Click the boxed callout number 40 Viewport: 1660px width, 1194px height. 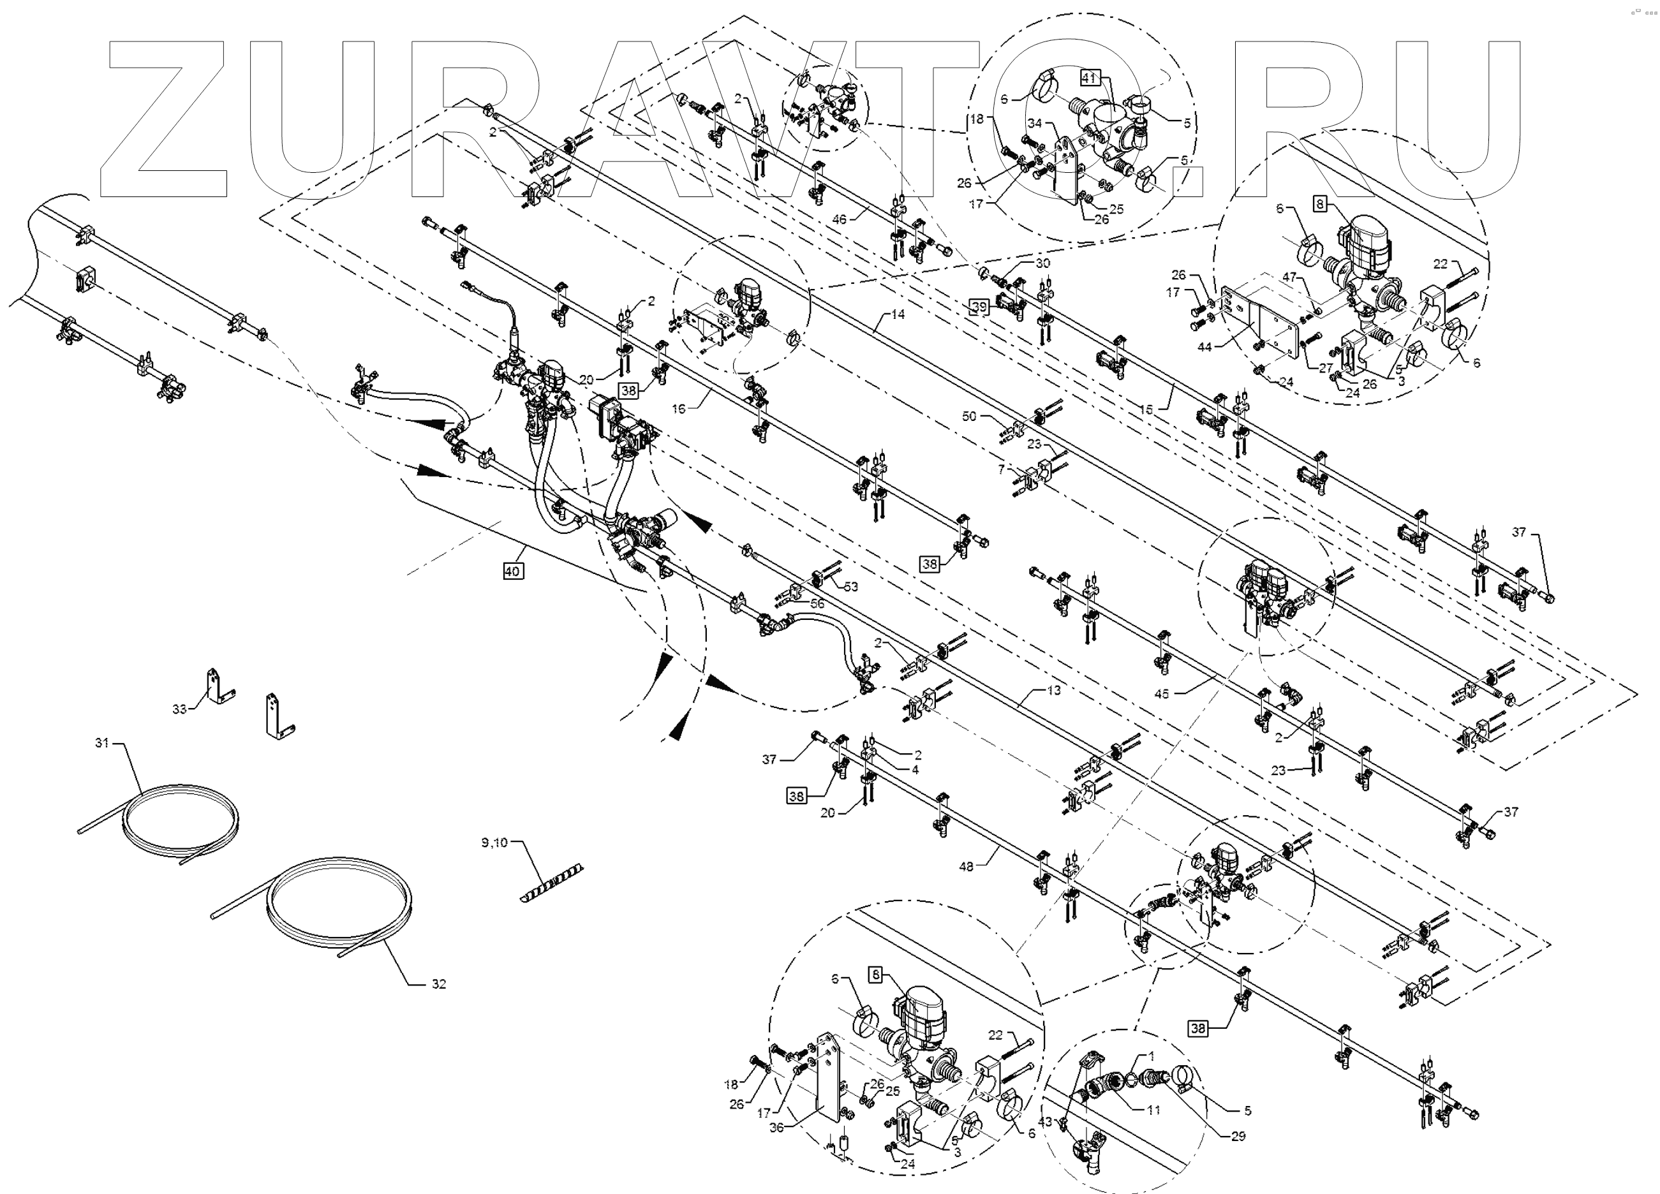tap(512, 571)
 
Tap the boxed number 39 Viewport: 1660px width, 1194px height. tap(979, 307)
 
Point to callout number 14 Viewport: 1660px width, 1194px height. tap(898, 314)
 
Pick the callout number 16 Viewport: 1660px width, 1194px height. tap(679, 409)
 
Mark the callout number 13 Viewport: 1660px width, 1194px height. tap(1054, 691)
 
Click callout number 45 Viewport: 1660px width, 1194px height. tap(1162, 693)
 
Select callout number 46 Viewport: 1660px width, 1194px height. tap(840, 219)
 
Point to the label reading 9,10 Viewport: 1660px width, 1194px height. tap(494, 843)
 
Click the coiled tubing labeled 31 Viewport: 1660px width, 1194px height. tap(183, 812)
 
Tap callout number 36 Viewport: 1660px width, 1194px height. tap(776, 1128)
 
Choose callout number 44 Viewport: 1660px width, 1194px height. tap(1204, 347)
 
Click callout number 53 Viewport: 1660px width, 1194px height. tap(851, 587)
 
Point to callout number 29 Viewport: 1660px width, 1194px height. tap(1238, 1136)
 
